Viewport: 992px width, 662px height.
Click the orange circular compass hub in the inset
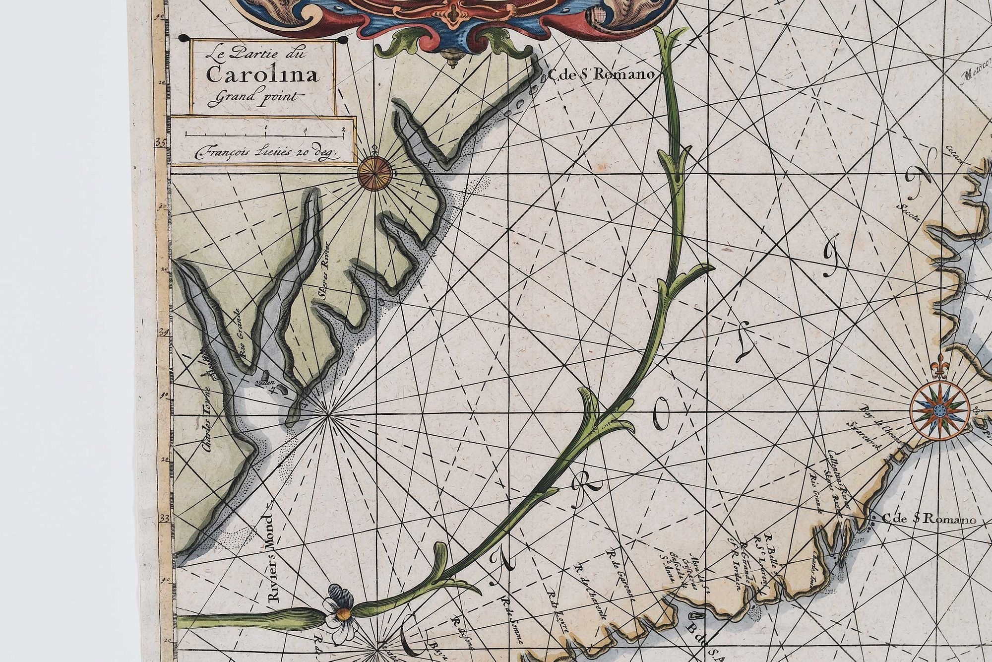tap(374, 174)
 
